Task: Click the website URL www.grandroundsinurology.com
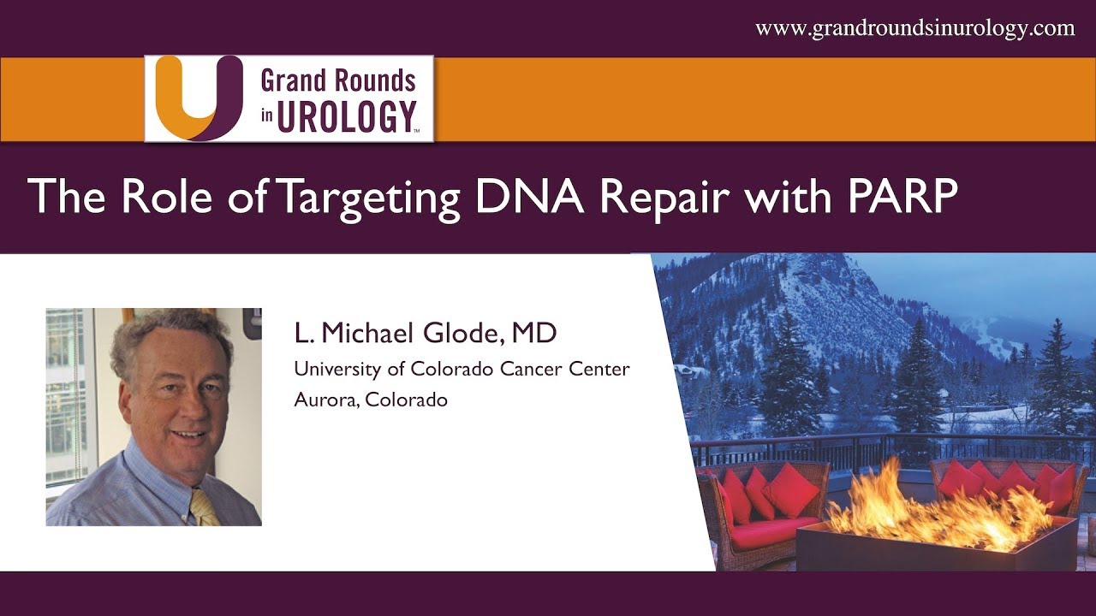[915, 29]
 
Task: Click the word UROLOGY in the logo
[347, 116]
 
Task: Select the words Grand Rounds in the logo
[338, 80]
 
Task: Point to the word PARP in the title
[902, 196]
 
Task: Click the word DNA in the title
[529, 196]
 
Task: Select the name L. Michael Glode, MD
[426, 334]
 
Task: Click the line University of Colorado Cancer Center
[462, 369]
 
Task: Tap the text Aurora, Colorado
[371, 400]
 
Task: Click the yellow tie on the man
[204, 507]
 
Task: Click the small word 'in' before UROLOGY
[266, 115]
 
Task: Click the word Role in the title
[166, 196]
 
